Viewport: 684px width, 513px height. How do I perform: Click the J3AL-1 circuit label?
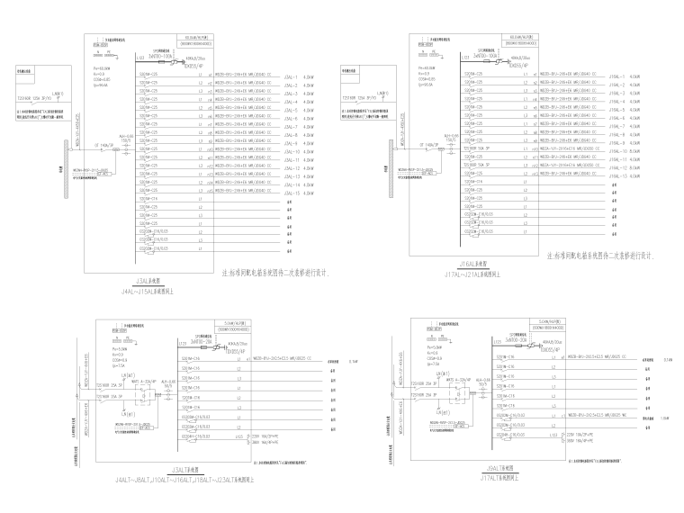290,77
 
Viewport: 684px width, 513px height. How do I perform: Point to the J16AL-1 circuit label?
616,77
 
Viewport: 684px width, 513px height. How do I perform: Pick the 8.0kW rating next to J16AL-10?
634,151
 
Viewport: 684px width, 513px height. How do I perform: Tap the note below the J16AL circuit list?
599,256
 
